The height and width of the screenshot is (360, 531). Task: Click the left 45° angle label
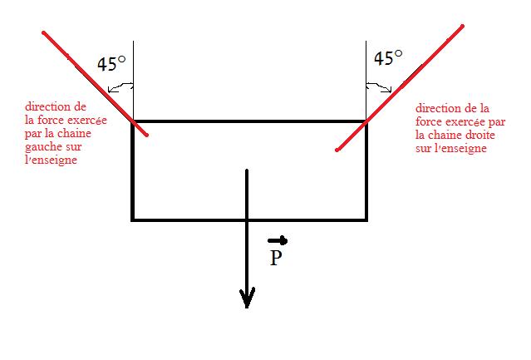[111, 64]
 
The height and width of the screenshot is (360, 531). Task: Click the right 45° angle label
[387, 58]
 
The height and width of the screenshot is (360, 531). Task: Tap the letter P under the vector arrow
[277, 259]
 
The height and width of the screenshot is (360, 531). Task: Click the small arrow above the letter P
[278, 241]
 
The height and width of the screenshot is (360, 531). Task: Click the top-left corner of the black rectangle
[133, 122]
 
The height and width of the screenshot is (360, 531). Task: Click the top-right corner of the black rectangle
[366, 122]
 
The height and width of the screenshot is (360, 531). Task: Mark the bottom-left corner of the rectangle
[133, 219]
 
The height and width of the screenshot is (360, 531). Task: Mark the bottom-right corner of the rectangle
[366, 219]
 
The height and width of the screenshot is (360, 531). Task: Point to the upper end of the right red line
[463, 26]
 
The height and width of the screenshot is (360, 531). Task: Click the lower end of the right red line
[337, 150]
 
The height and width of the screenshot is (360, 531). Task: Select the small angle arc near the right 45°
[378, 84]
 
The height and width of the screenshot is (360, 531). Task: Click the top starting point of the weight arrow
[247, 170]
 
